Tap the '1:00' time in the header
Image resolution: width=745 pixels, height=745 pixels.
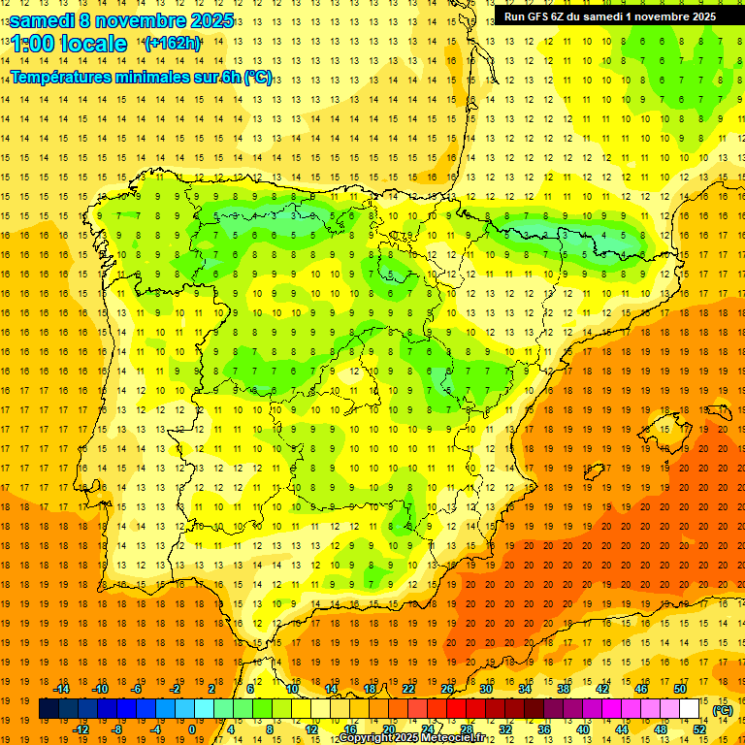coord(31,44)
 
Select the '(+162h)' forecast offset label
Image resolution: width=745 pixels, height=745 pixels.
coord(173,43)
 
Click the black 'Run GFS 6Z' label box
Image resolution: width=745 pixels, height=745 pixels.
coord(610,16)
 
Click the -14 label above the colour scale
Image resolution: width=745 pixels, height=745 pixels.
coord(61,688)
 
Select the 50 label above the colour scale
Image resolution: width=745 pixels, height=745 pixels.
coord(679,688)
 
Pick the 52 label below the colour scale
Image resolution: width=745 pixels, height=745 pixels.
coord(698,729)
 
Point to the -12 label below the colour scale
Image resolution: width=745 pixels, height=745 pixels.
coord(81,729)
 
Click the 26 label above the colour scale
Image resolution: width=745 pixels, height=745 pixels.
coord(447,688)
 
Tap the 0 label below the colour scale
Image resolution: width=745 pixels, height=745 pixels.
coord(192,729)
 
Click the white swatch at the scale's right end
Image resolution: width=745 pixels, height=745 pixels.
coord(689,709)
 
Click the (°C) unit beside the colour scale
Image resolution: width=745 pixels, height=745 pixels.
coord(723,710)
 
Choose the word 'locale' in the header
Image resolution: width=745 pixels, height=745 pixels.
coord(94,44)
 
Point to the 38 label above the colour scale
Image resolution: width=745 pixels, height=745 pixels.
coord(563,688)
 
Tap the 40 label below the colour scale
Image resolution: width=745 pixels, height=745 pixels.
coord(582,729)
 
